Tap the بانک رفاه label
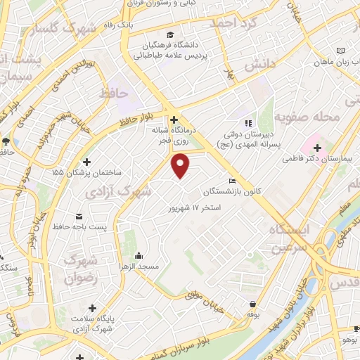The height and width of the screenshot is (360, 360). (x=117, y=25)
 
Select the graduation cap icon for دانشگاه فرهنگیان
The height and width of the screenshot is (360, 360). (x=170, y=34)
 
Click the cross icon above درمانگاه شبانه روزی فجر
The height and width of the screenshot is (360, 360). (x=174, y=120)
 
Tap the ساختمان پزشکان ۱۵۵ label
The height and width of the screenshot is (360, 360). (x=87, y=172)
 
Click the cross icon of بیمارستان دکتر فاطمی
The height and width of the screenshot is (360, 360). (x=318, y=148)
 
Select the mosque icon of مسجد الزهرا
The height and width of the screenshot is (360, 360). (x=139, y=255)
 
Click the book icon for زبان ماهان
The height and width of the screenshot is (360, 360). (x=341, y=51)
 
